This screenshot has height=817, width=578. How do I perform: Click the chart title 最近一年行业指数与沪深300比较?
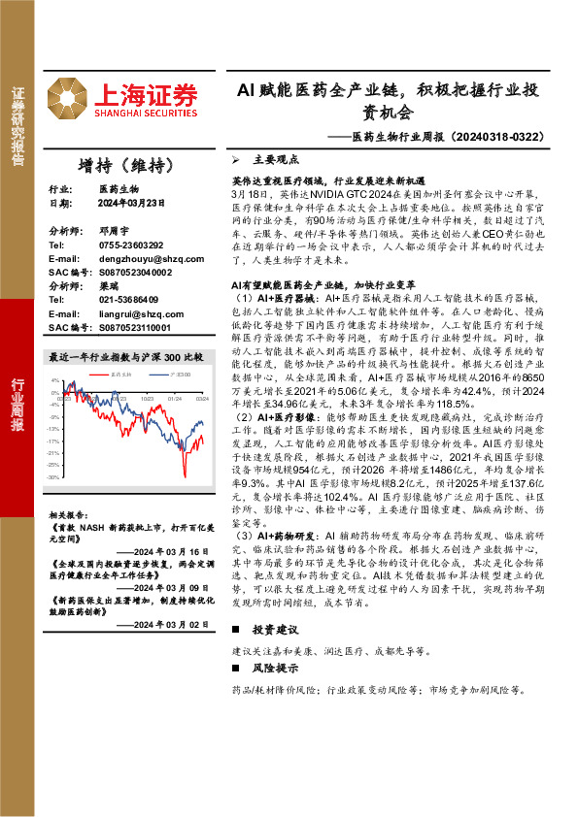click(x=125, y=357)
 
